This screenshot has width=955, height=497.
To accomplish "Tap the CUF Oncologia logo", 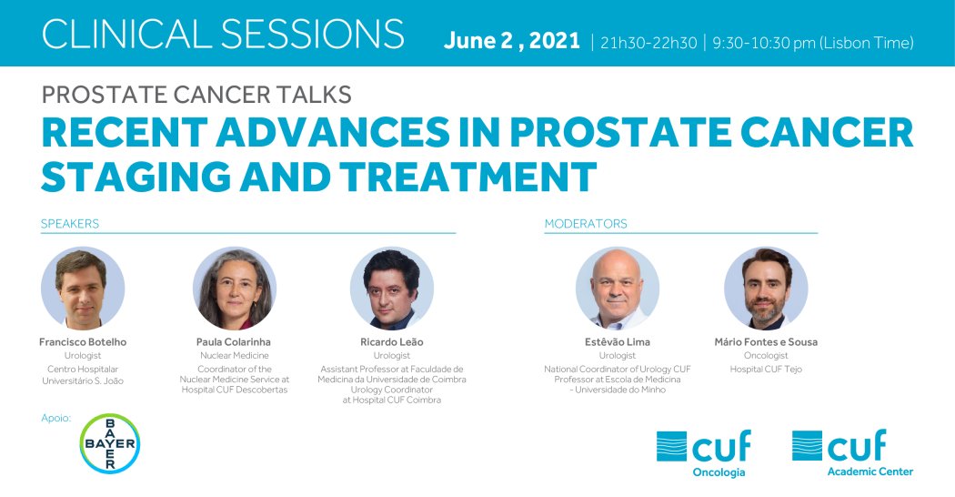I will pyautogui.click(x=703, y=452).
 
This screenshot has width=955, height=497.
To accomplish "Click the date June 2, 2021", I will pyautogui.click(x=511, y=42).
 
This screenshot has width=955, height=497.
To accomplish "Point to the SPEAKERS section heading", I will pyautogui.click(x=70, y=223).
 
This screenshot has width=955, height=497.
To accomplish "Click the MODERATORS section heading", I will pyautogui.click(x=586, y=223).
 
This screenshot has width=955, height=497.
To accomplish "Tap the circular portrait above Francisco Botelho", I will pyautogui.click(x=83, y=288).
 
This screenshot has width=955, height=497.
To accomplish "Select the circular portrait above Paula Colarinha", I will pyautogui.click(x=235, y=288).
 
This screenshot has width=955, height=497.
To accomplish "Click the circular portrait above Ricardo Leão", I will pyautogui.click(x=392, y=288).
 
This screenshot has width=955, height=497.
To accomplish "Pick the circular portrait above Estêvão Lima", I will pyautogui.click(x=618, y=288).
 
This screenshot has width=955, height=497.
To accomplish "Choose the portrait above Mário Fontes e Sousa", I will pyautogui.click(x=766, y=288).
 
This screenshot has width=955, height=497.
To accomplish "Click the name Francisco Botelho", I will pyautogui.click(x=83, y=342).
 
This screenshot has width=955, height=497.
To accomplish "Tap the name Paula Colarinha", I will pyautogui.click(x=235, y=342).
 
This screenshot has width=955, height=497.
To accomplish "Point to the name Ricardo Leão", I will pyautogui.click(x=392, y=342).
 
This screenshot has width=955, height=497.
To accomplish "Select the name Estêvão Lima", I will pyautogui.click(x=618, y=342).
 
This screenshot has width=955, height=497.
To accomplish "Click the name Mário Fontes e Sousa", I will pyautogui.click(x=766, y=342).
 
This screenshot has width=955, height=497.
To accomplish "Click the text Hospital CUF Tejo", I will pyautogui.click(x=766, y=369).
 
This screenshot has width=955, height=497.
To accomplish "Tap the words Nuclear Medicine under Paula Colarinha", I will pyautogui.click(x=235, y=355).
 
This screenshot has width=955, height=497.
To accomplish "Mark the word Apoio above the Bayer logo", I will pyautogui.click(x=55, y=418).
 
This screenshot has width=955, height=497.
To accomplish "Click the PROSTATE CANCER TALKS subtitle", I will pyautogui.click(x=196, y=94).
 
